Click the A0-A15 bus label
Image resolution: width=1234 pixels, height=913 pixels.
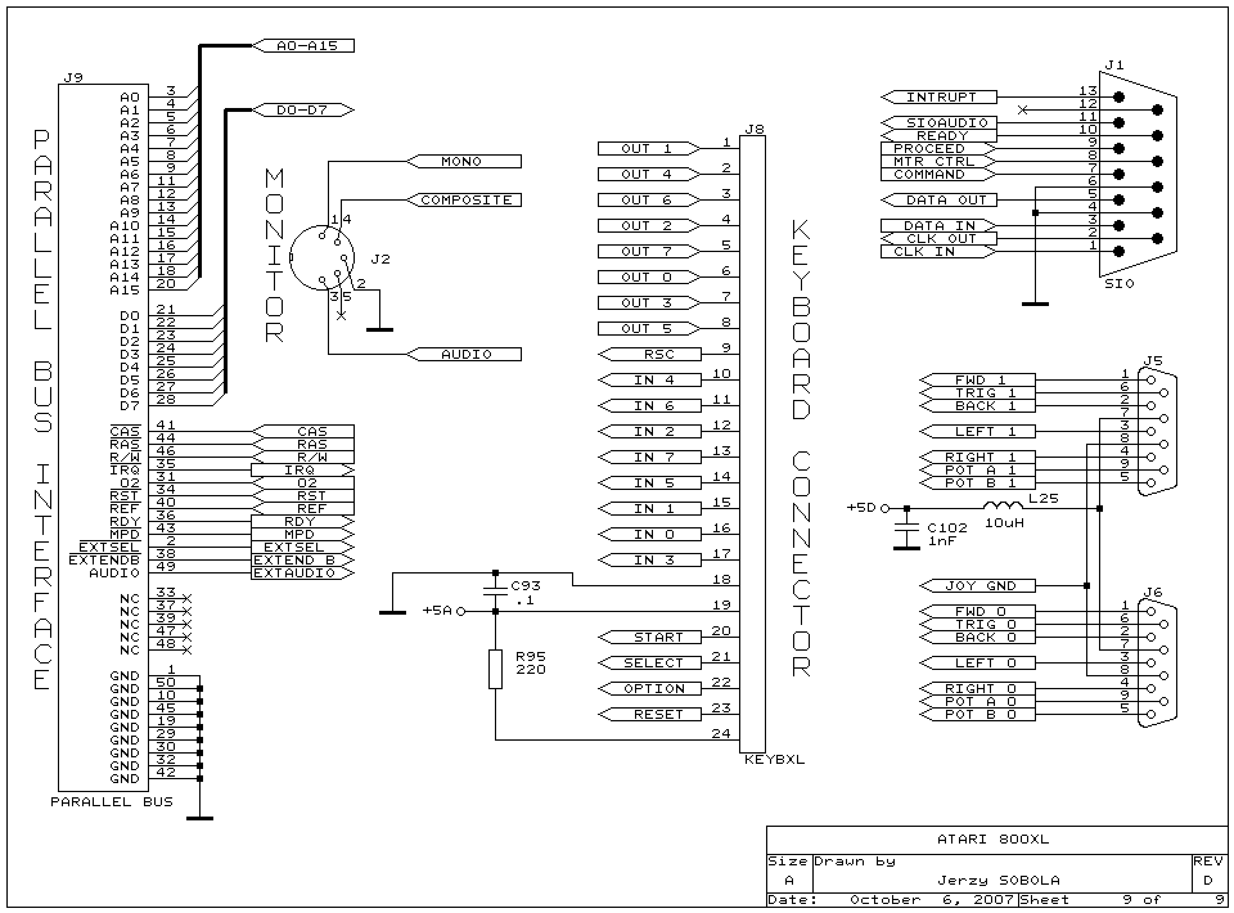304,46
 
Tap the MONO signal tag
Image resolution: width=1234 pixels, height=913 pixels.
464,161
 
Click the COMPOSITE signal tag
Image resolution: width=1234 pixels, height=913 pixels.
464,200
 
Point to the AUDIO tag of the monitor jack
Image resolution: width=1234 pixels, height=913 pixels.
464,354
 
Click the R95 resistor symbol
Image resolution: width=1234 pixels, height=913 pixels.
496,669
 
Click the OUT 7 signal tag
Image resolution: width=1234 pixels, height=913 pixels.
649,251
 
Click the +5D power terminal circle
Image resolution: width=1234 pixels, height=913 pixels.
885,508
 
